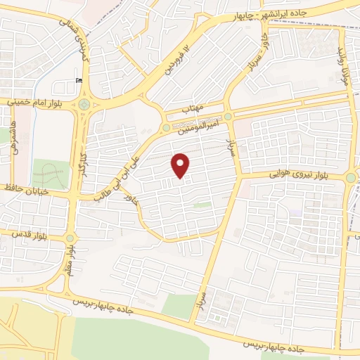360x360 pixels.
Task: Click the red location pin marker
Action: pos(181,166)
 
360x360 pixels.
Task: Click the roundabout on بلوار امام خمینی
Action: pos(84,104)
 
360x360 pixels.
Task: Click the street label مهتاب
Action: pos(193,110)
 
